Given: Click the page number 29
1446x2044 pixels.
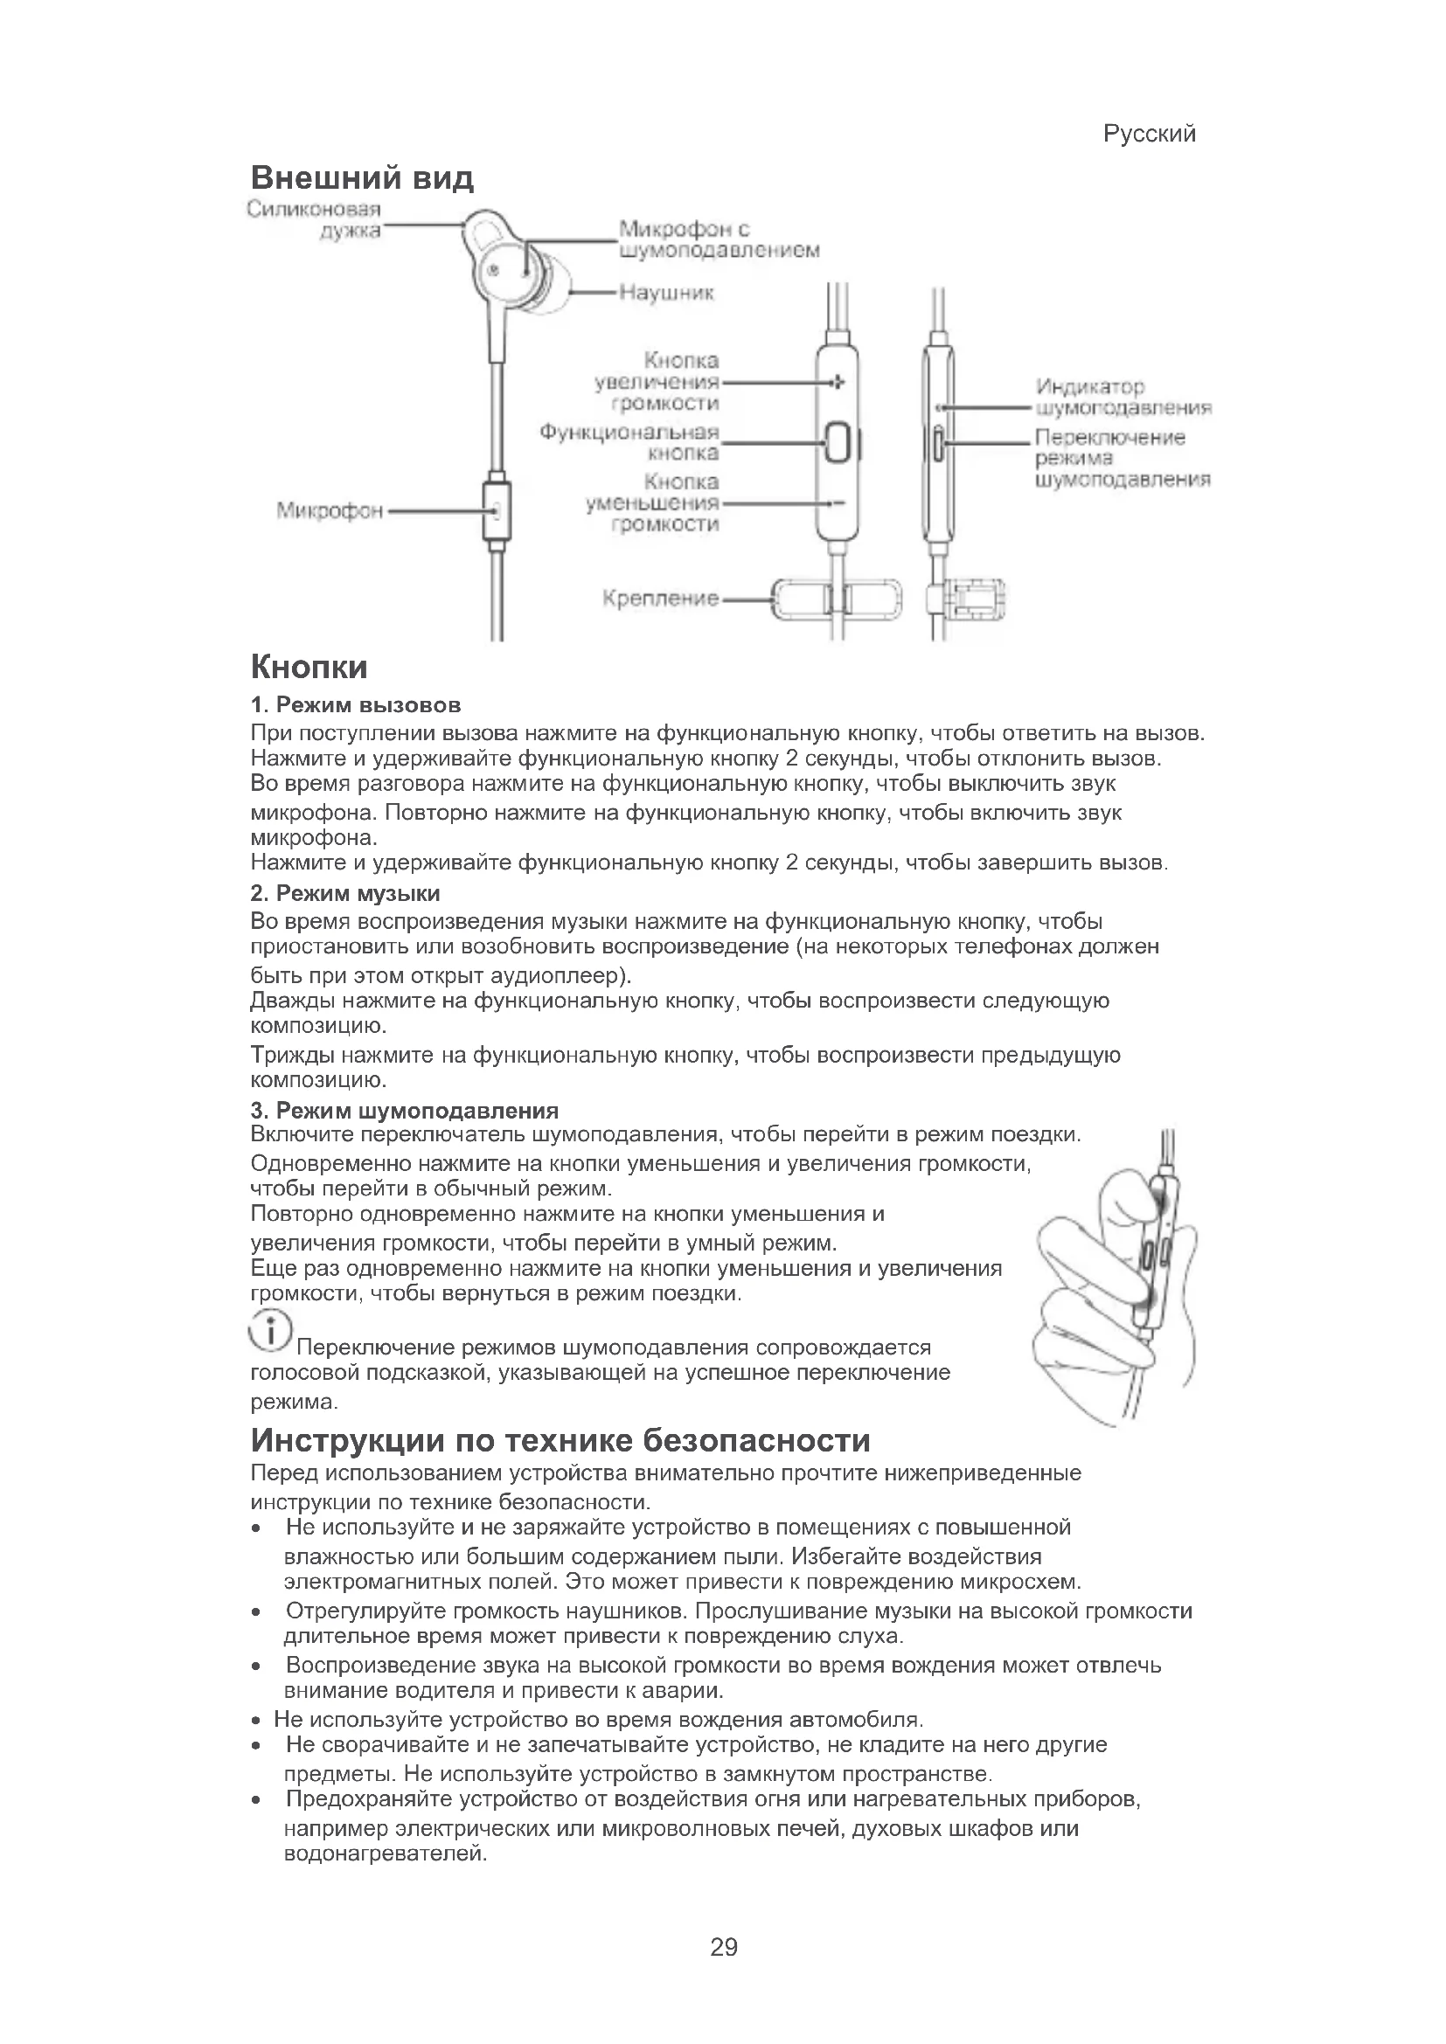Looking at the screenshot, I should click(x=724, y=1947).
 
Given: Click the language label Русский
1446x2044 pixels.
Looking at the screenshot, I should click(x=1149, y=134).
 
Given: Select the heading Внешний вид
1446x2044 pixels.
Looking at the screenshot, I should click(x=362, y=178).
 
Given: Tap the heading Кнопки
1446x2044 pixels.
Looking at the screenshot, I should click(x=309, y=667).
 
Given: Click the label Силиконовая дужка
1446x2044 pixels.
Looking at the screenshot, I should click(x=316, y=219).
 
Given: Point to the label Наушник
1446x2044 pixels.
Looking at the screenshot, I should click(x=666, y=292).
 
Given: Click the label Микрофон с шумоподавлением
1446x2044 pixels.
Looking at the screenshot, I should click(x=718, y=239).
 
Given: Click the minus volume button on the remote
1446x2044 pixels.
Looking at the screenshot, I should click(x=837, y=503).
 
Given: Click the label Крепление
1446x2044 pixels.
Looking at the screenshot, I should click(x=660, y=599).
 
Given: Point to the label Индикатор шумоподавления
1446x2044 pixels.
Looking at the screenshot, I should click(x=1123, y=397).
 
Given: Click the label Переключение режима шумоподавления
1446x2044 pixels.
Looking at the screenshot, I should click(x=1121, y=459).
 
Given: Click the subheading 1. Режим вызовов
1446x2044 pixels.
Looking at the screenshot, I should click(x=355, y=705).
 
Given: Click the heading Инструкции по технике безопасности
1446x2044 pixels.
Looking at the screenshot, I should click(x=560, y=1440).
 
